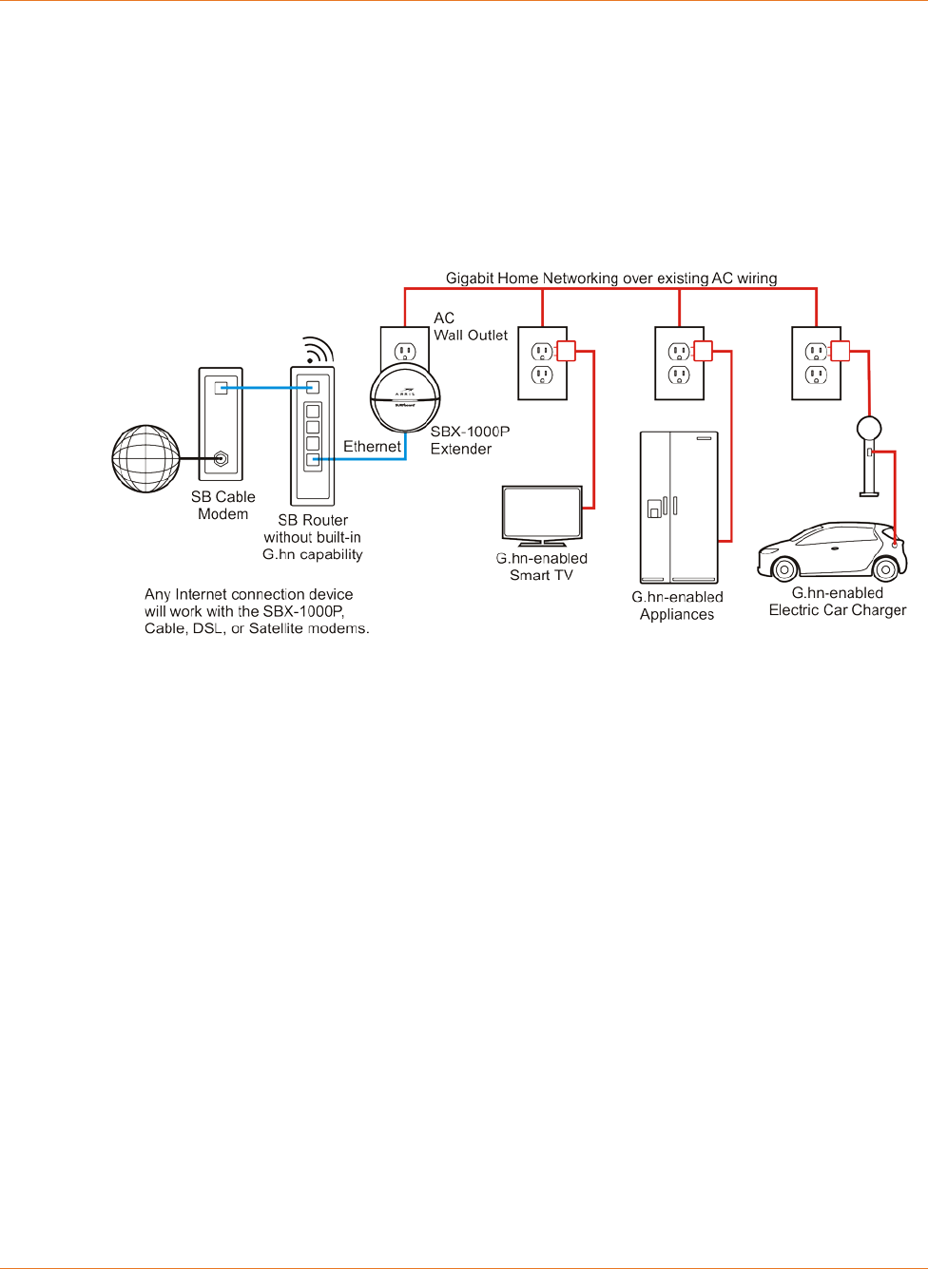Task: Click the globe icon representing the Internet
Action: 145,458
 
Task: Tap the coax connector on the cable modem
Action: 221,459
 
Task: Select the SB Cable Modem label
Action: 223,506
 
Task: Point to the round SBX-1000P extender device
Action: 405,399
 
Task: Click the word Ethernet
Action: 372,447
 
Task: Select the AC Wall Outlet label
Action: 471,326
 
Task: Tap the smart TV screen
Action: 542,513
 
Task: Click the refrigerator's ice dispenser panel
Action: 654,510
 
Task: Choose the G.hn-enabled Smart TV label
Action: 542,567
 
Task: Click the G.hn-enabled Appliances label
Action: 677,606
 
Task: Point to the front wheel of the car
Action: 784,569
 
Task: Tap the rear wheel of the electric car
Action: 885,569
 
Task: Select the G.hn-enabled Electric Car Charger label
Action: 838,602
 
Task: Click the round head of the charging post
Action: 869,428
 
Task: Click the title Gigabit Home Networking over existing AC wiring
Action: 611,279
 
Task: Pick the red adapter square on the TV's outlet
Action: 566,351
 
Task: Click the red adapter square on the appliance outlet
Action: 703,351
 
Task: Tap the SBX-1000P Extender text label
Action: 470,440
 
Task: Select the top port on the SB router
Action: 313,387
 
